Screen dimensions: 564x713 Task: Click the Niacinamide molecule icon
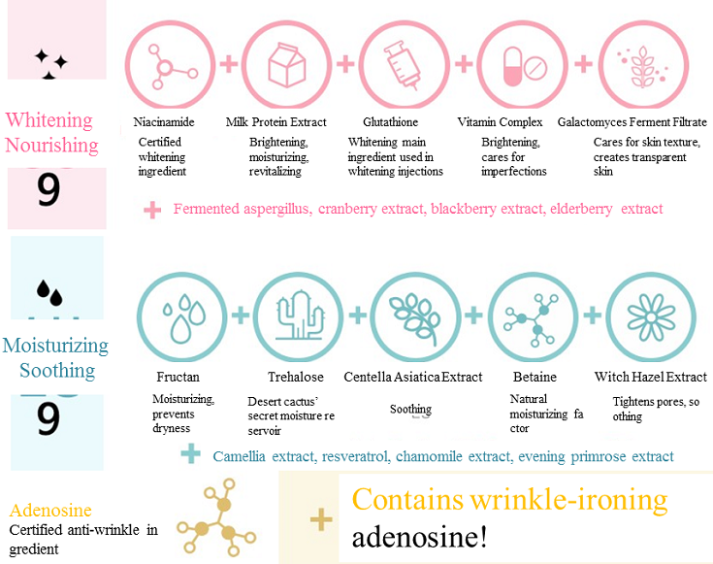(171, 67)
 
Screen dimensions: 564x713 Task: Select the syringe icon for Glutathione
(404, 66)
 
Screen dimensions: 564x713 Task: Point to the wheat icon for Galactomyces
(639, 66)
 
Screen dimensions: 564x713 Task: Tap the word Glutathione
(390, 122)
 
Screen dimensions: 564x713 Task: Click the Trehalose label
(295, 377)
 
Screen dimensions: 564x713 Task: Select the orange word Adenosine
(50, 511)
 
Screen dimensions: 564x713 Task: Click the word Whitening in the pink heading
(49, 120)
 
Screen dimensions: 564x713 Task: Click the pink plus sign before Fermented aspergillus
(152, 209)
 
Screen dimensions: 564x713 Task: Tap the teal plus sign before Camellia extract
(191, 454)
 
